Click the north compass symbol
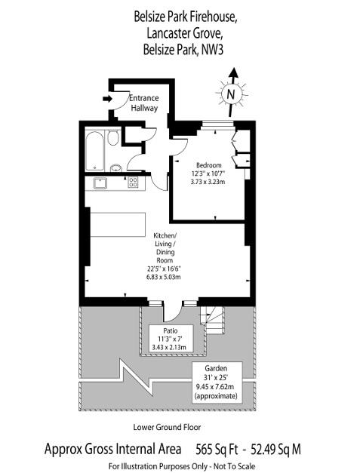coord(232,92)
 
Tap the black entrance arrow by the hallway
coord(106,97)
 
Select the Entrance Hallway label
coord(143,103)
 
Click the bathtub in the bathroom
coord(94,151)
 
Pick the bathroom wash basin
coord(115,167)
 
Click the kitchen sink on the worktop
coord(98,182)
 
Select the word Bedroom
coord(208,165)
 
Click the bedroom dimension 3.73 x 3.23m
coord(208,182)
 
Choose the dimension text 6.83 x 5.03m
coord(165,277)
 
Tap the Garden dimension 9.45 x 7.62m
coord(216,387)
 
